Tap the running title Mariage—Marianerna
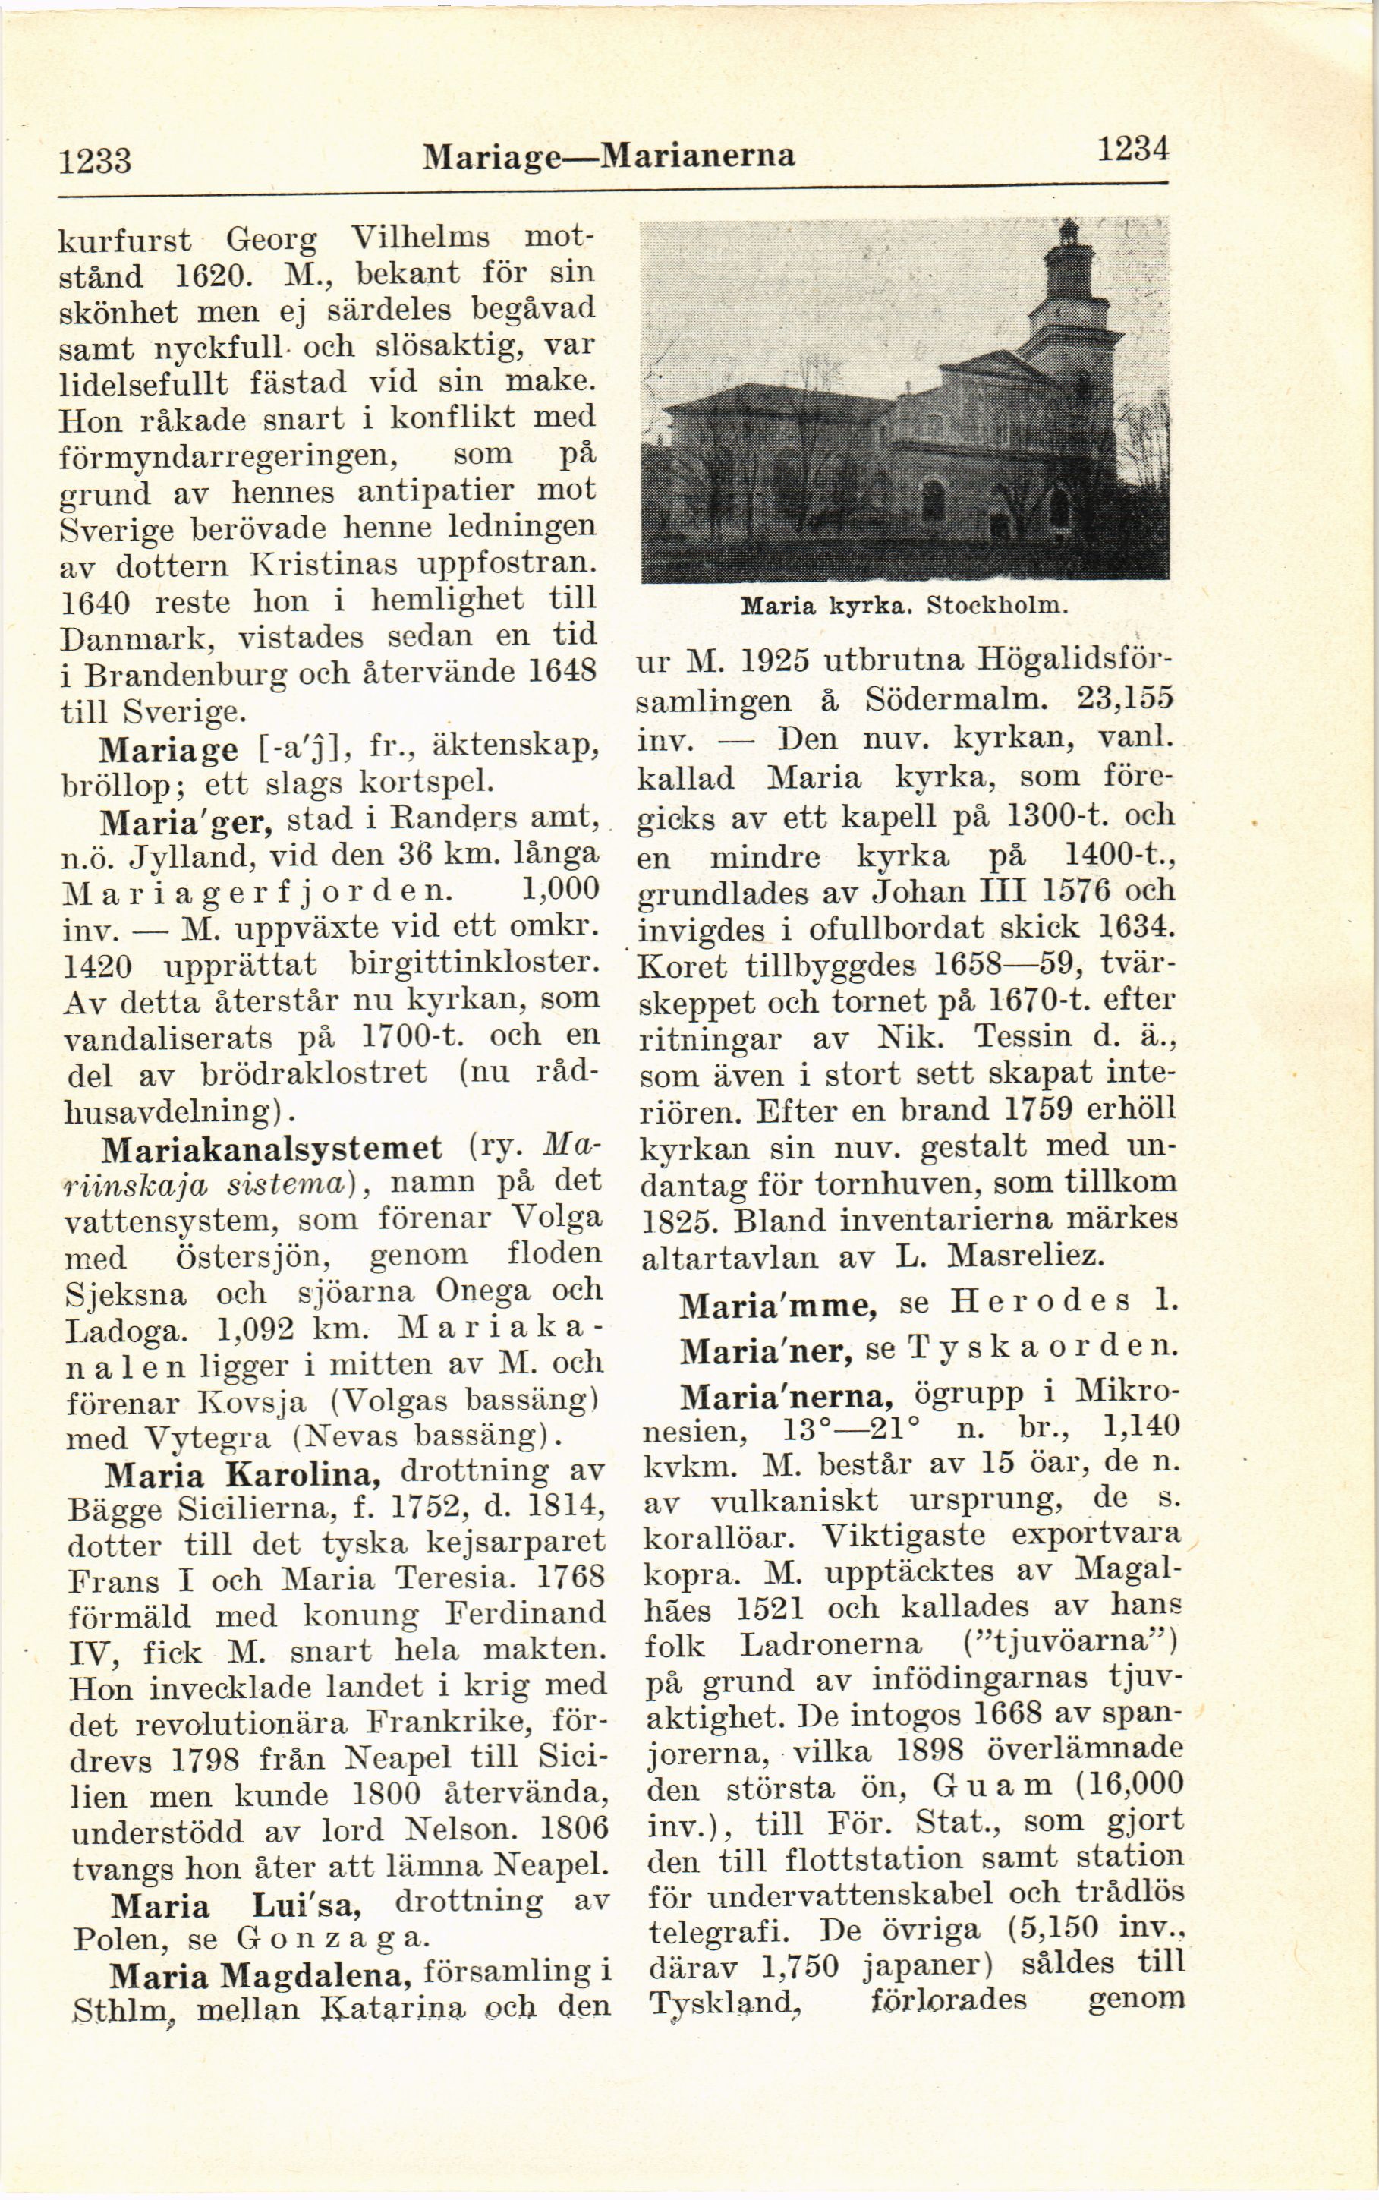[609, 156]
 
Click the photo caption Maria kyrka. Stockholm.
[904, 606]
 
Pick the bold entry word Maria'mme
[778, 1305]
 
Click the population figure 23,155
[1125, 698]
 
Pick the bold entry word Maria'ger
[186, 822]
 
